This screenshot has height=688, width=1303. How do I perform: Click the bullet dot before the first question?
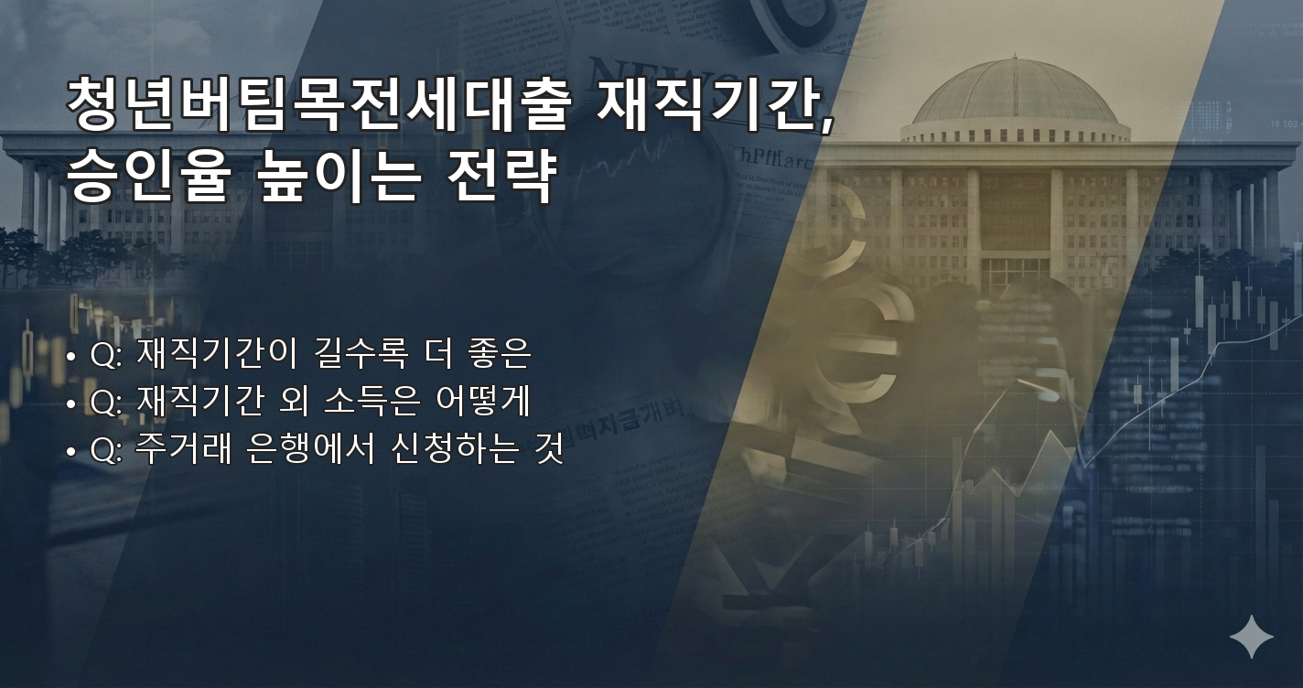(70, 356)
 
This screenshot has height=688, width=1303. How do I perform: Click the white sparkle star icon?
(1251, 637)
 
